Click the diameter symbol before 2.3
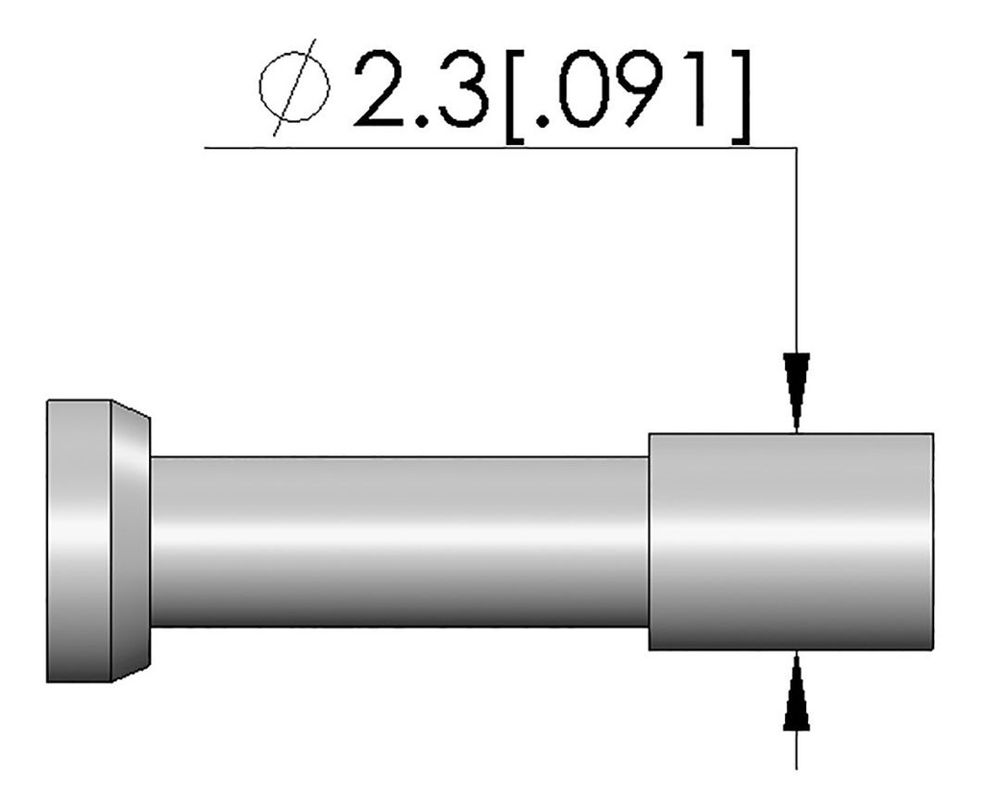tap(294, 93)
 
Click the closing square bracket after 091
tap(739, 96)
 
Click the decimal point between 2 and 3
tap(424, 122)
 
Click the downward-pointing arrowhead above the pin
tap(797, 389)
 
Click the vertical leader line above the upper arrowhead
tap(797, 250)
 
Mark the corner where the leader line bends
tap(797, 148)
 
